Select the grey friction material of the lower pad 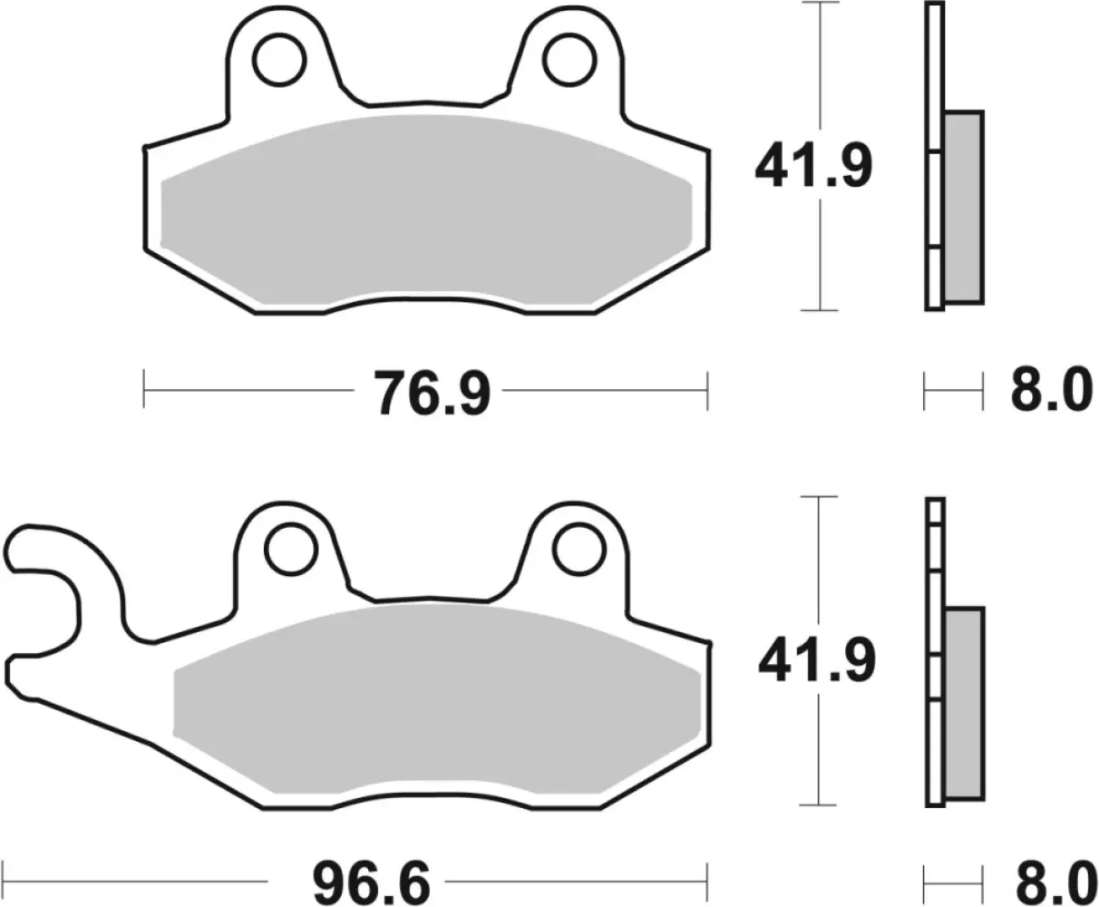pos(435,698)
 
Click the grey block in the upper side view pos(962,208)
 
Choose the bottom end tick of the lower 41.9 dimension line pos(820,805)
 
